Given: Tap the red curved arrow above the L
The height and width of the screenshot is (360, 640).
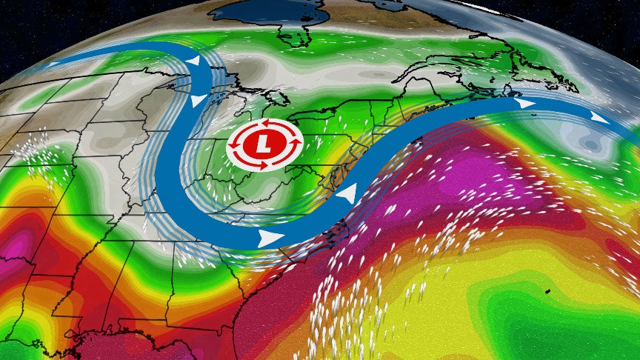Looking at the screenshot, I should pyautogui.click(x=259, y=122).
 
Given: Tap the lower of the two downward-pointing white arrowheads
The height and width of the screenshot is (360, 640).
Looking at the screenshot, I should pyautogui.click(x=199, y=100).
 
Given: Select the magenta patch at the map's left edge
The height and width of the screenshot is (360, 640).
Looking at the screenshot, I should pyautogui.click(x=15, y=244).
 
